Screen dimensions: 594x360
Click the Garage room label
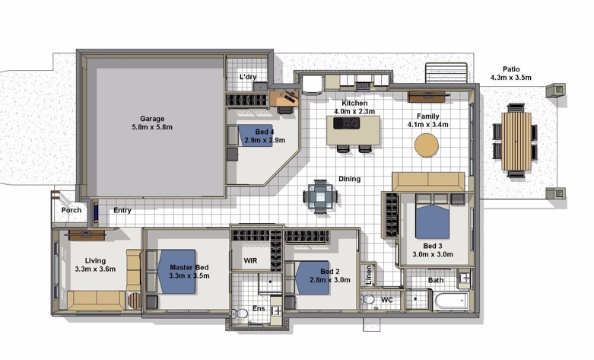click(x=152, y=119)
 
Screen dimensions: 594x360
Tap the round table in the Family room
click(x=427, y=145)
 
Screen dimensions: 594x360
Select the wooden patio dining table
click(x=516, y=141)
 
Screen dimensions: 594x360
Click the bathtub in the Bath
click(x=452, y=301)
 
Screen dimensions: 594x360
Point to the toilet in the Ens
click(x=240, y=314)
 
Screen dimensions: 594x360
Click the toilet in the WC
click(x=368, y=299)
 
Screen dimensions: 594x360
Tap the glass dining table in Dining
click(x=320, y=196)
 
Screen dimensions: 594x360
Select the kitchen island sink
click(x=346, y=123)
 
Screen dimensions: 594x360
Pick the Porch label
click(x=71, y=210)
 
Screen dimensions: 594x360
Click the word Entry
click(x=122, y=210)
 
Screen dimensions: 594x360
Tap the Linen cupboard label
click(x=369, y=275)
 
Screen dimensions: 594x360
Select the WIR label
click(x=250, y=261)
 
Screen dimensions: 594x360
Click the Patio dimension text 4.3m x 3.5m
click(x=510, y=78)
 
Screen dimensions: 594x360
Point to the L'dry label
click(x=248, y=77)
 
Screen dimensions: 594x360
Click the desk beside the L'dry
click(x=284, y=97)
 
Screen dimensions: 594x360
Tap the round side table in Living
click(x=134, y=301)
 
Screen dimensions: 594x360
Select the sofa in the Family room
click(x=428, y=182)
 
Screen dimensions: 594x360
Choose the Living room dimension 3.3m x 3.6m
click(x=95, y=269)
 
